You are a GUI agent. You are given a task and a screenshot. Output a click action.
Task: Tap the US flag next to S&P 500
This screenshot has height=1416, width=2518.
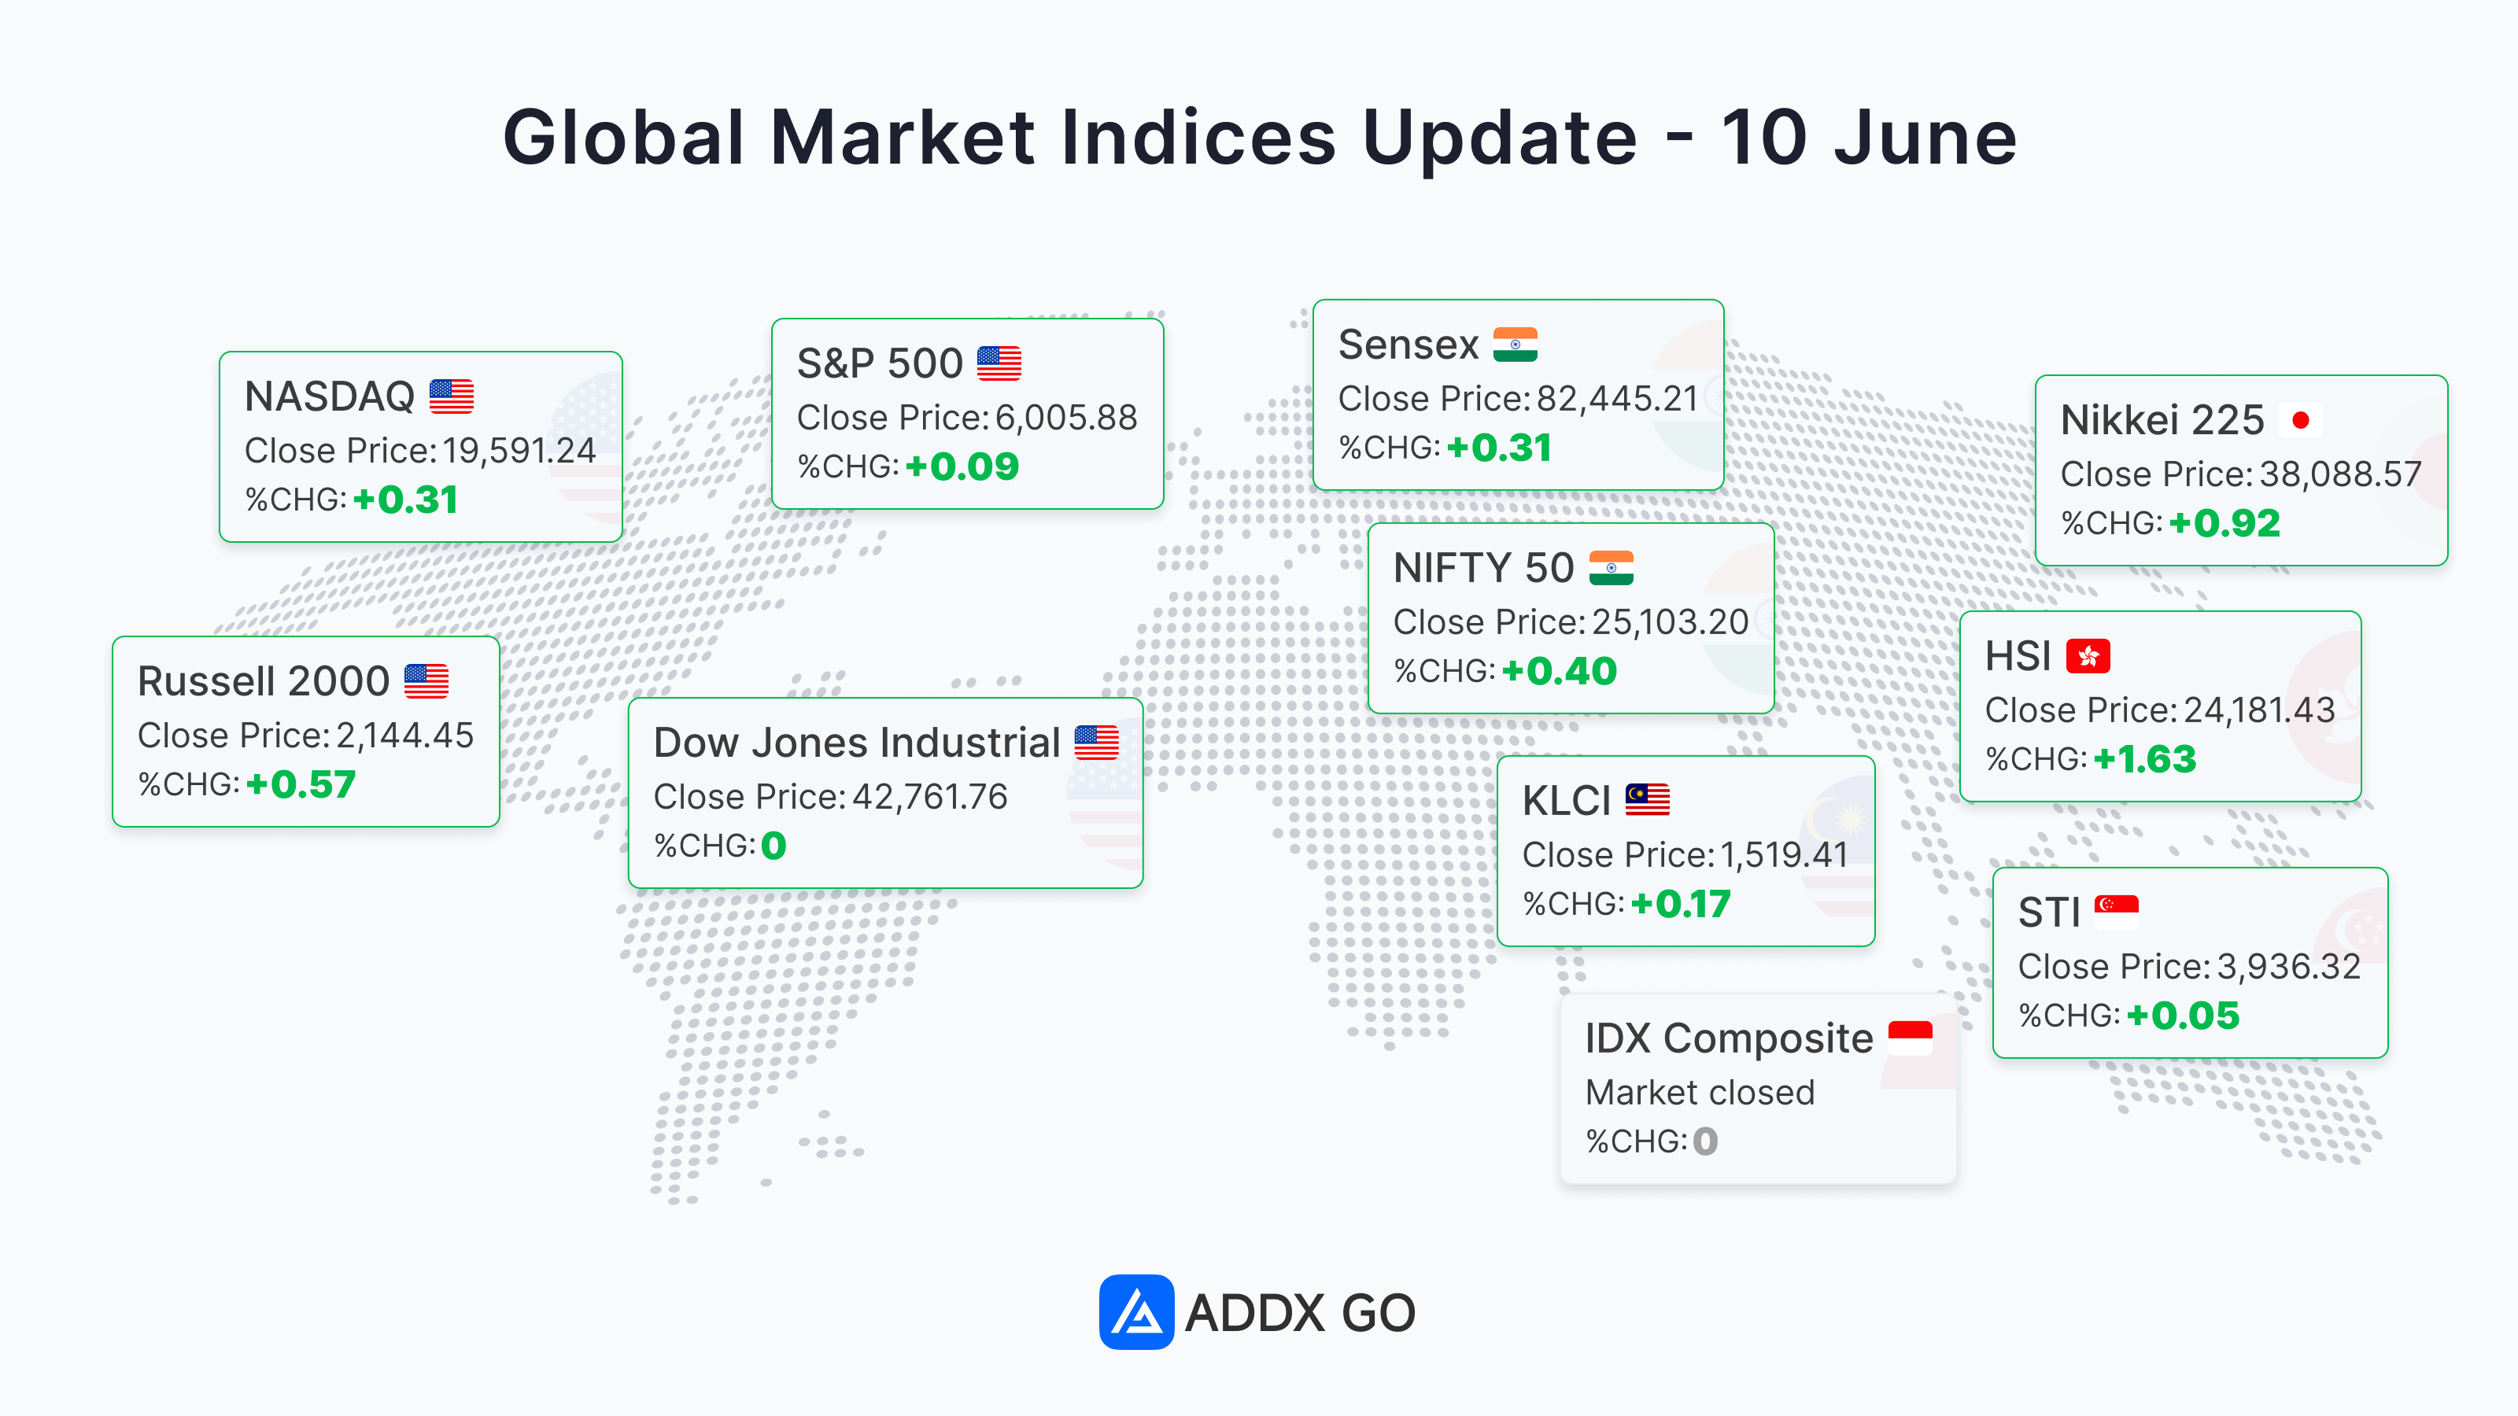click(999, 363)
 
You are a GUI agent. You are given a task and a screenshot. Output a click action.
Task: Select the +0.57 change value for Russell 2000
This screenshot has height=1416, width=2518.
click(301, 784)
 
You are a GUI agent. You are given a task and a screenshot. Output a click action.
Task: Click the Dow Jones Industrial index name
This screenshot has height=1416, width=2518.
click(856, 743)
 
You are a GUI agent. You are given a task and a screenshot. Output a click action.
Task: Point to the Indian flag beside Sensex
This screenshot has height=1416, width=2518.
click(1515, 344)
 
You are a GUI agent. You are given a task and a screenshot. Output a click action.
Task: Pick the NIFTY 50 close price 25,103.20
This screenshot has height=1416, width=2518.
click(1670, 621)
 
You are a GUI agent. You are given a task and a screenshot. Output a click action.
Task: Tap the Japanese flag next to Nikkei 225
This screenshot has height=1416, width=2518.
click(2300, 420)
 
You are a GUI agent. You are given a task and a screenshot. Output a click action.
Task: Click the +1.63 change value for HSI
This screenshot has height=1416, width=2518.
click(2144, 759)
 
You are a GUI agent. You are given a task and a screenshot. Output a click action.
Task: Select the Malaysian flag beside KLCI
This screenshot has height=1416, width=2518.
click(1647, 799)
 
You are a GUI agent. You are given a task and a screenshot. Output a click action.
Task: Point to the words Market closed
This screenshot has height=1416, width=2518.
click(1700, 1092)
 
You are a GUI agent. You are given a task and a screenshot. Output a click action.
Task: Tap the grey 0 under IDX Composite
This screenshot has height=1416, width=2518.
click(1706, 1141)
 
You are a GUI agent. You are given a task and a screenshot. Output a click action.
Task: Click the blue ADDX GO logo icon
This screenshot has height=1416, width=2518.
click(1135, 1311)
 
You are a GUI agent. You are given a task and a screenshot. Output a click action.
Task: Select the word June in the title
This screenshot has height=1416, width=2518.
click(1925, 137)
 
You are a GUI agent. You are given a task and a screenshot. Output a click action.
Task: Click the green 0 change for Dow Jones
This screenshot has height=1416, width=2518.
click(773, 846)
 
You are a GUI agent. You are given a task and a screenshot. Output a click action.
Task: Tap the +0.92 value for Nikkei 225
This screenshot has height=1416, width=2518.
click(2224, 524)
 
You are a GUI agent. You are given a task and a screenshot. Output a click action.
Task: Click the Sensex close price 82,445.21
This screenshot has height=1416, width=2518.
click(1617, 399)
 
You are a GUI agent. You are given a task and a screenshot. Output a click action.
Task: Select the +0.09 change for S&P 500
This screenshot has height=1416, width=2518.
click(963, 467)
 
